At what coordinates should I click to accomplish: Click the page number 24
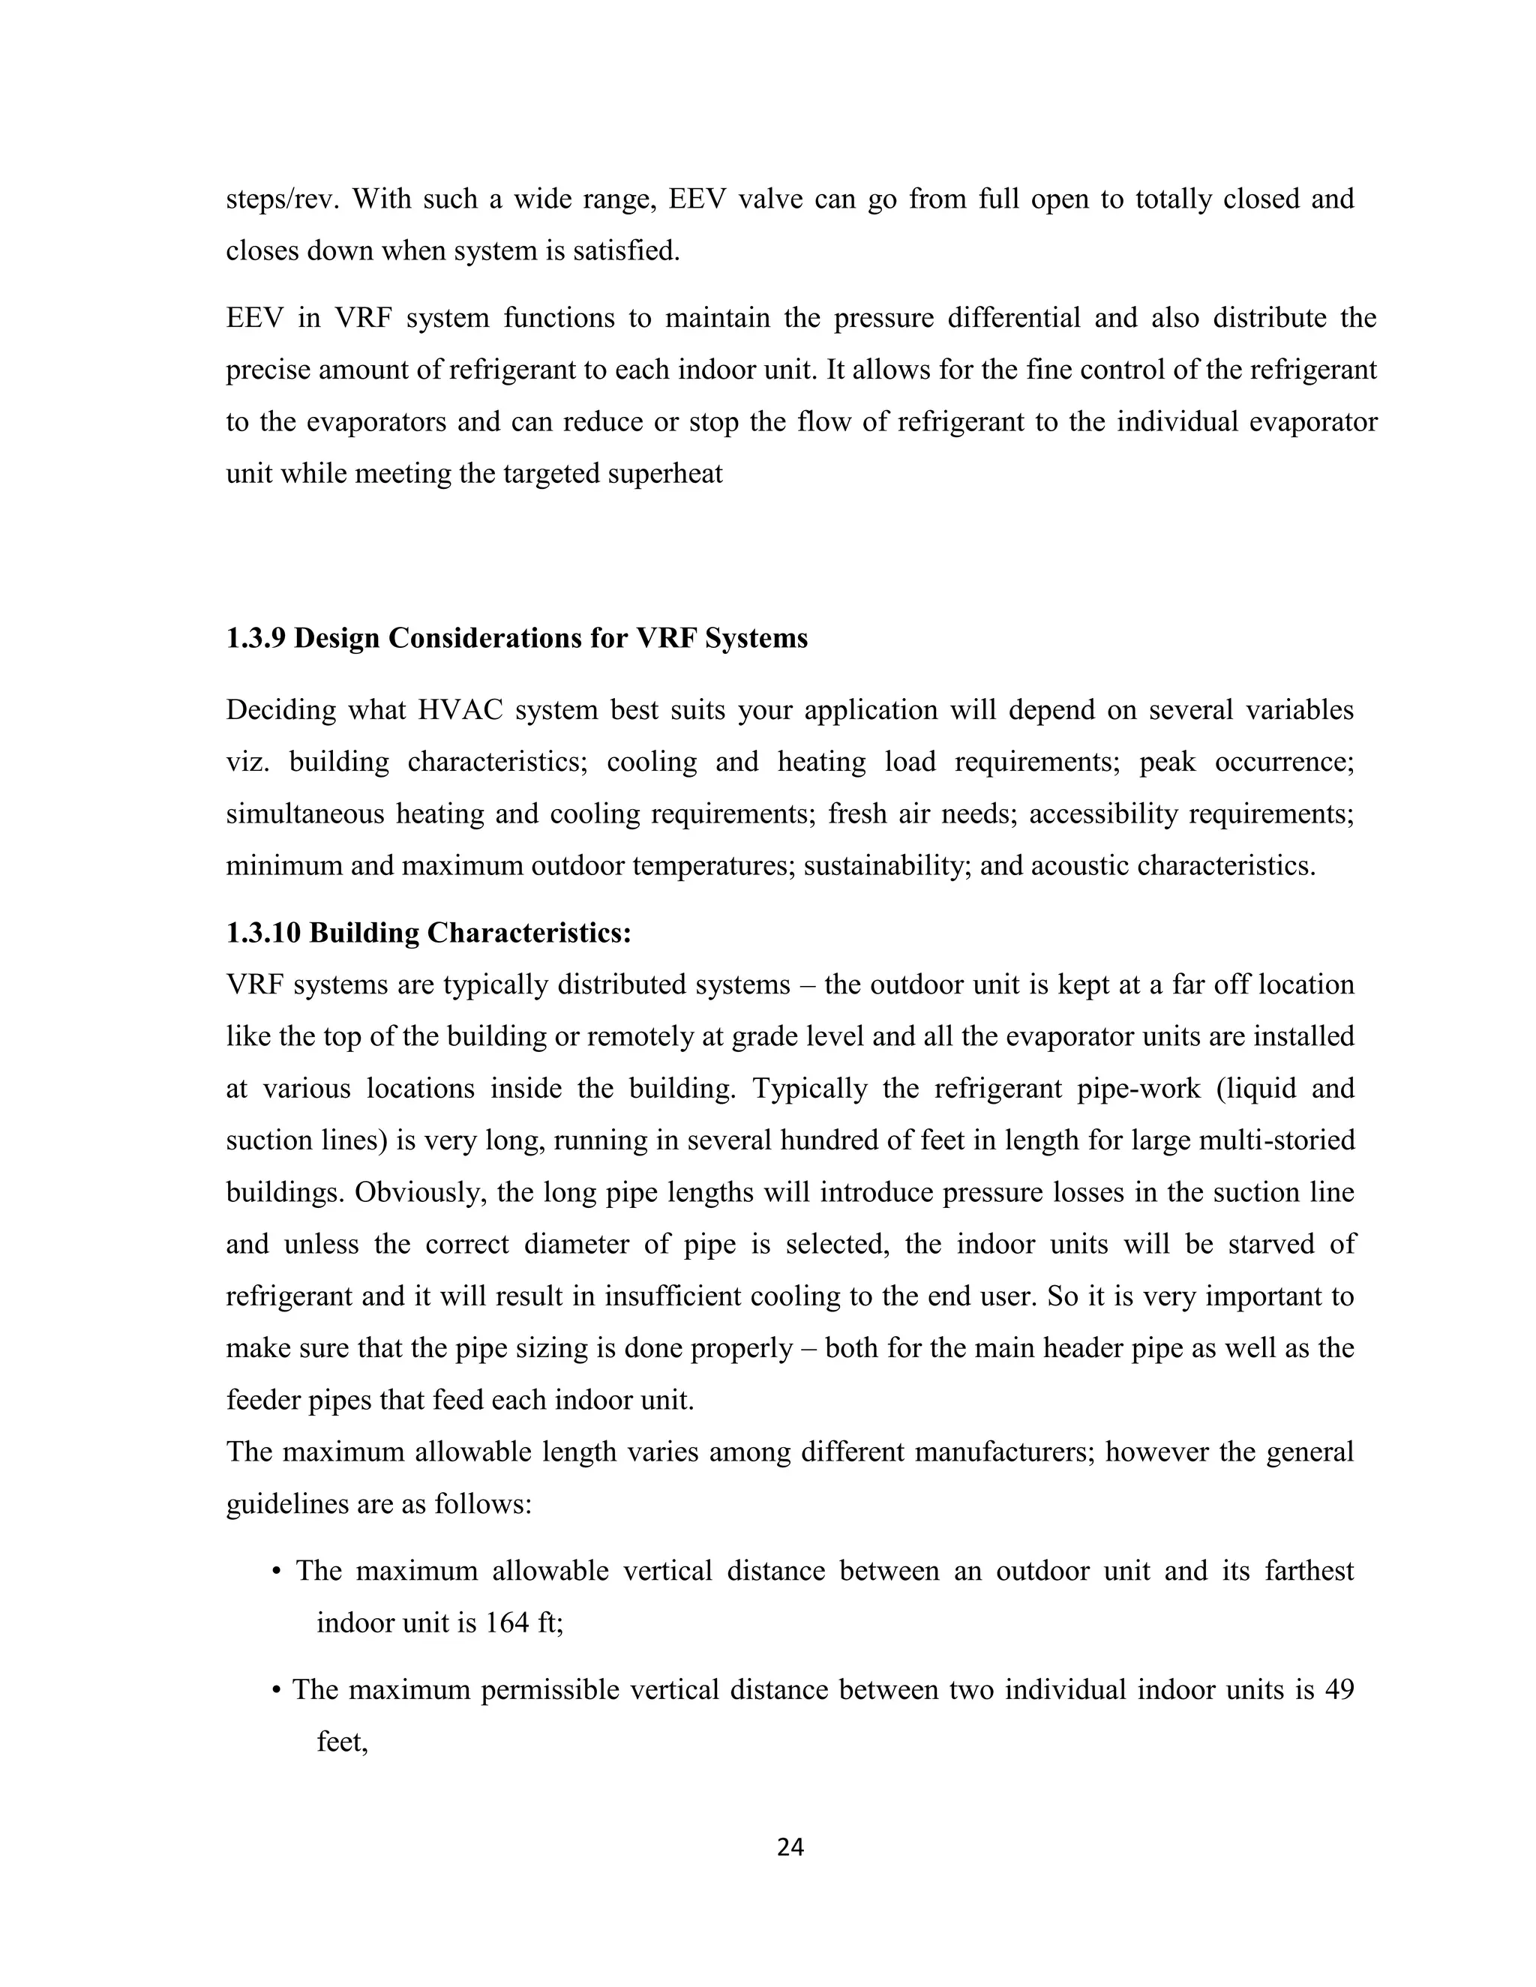pos(790,1847)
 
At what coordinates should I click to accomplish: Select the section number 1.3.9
pos(256,639)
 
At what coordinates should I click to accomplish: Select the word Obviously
pos(408,1192)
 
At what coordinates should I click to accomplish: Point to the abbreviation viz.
pos(247,762)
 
